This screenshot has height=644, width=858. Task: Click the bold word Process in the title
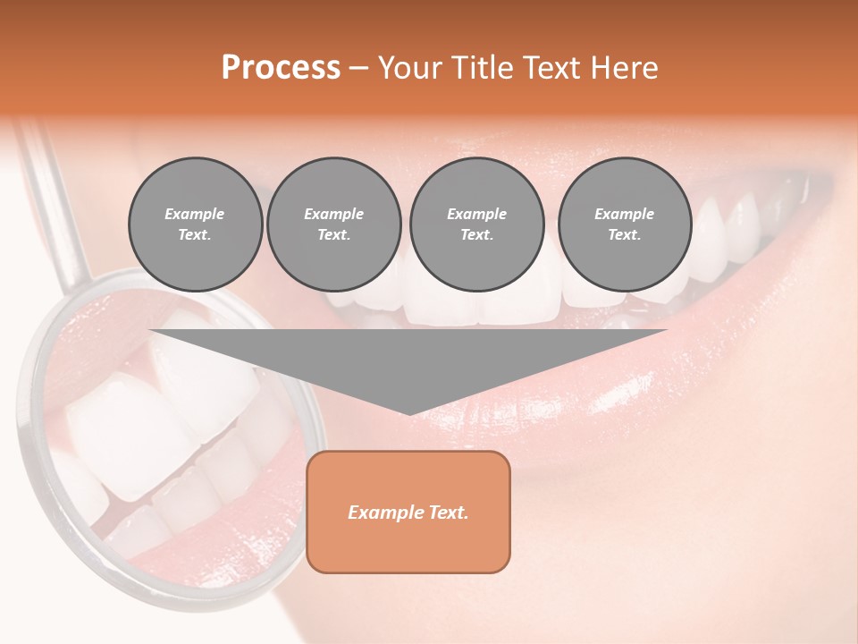click(x=281, y=68)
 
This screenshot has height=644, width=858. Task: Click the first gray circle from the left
click(x=195, y=225)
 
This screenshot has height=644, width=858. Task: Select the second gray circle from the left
click(x=334, y=225)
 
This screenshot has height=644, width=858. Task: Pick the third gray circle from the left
click(x=476, y=225)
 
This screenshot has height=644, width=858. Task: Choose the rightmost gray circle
click(x=625, y=225)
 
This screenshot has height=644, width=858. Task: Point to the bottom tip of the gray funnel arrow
click(x=409, y=413)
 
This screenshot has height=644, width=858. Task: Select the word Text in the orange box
click(x=447, y=513)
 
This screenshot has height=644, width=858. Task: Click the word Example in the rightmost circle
click(x=625, y=214)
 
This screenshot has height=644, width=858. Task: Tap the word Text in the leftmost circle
click(x=195, y=235)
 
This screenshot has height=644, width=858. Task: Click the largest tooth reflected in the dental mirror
click(x=130, y=429)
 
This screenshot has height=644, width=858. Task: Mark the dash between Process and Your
click(x=358, y=69)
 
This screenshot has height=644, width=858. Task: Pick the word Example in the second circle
click(x=334, y=214)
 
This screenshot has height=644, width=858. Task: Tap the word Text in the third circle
click(x=476, y=235)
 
